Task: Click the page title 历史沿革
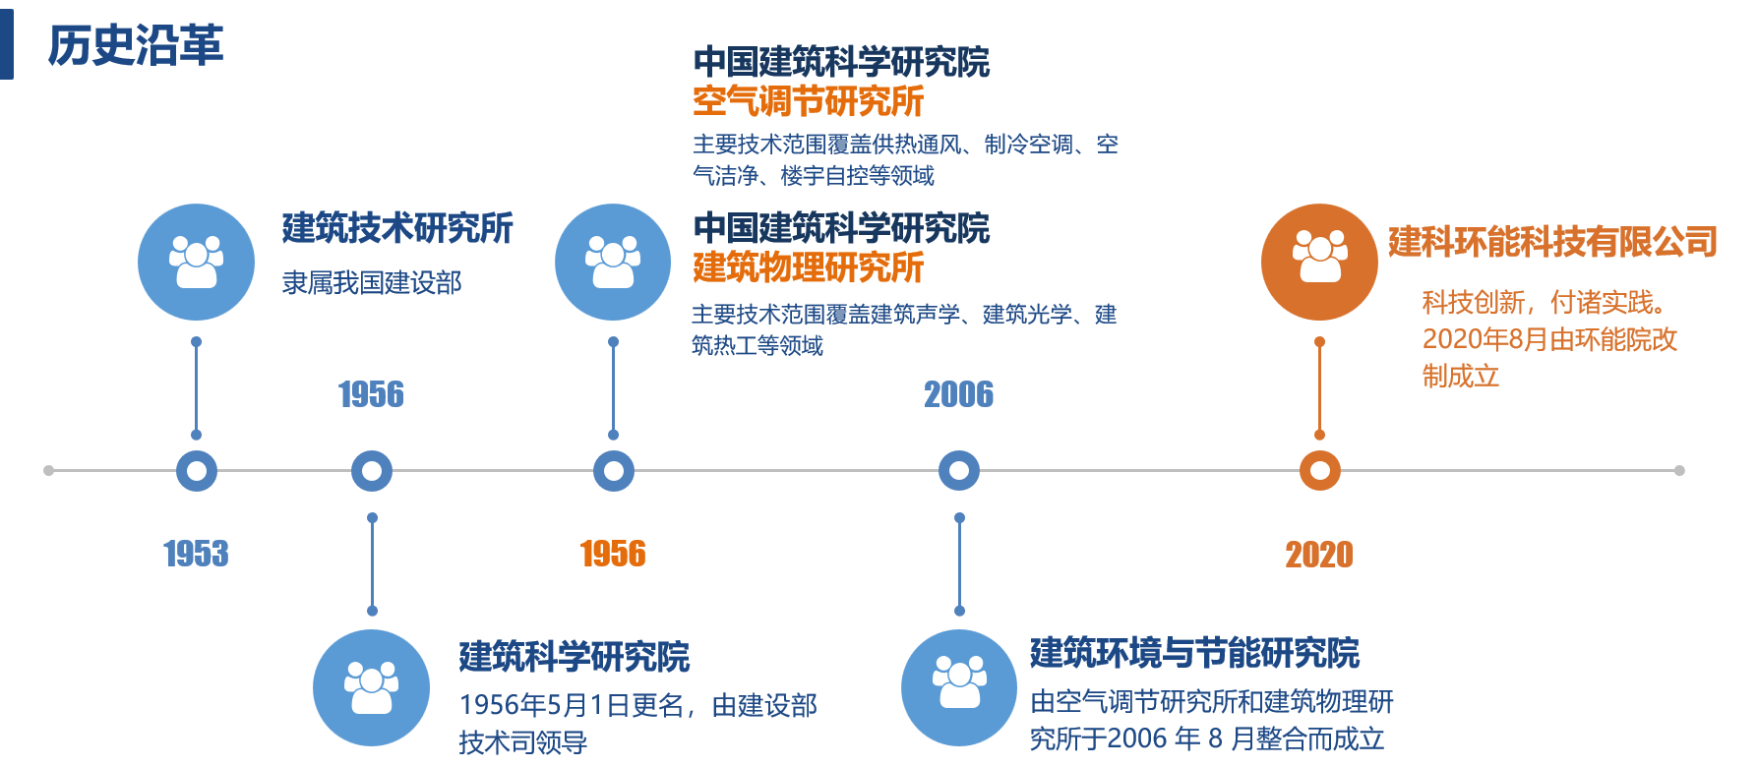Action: pos(136,45)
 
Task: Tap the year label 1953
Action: pos(196,554)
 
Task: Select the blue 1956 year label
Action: pos(371,394)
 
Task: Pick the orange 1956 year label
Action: pos(613,554)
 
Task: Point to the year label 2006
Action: pos(958,394)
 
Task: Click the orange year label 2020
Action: pos(1319,555)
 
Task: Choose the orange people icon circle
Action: pos(1319,262)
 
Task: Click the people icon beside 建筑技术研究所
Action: pos(196,262)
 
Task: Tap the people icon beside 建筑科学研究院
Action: pos(371,687)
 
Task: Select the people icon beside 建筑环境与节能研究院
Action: pos(959,687)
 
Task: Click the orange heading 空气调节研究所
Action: pos(809,101)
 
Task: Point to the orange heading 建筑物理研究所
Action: pos(809,267)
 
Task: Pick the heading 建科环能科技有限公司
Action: pos(1552,242)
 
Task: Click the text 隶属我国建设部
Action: pos(372,283)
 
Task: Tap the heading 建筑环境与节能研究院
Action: pos(1194,653)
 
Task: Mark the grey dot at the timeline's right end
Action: pos(1679,471)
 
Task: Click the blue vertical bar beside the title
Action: pos(6,45)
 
